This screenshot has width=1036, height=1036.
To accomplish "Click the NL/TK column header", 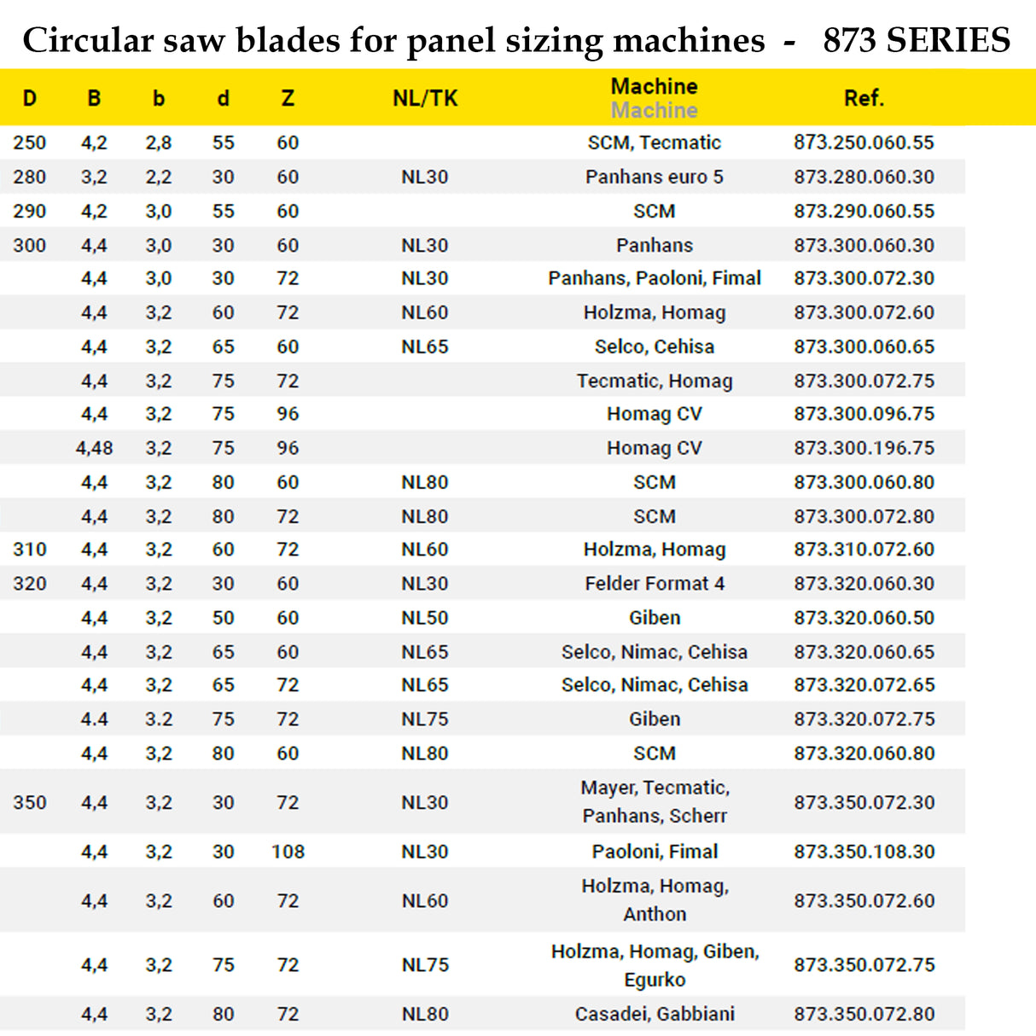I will click(425, 99).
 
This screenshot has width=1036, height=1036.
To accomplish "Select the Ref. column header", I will click(864, 99).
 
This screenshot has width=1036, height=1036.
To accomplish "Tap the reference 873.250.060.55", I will click(864, 143).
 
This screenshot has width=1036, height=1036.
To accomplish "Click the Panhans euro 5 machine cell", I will click(654, 178).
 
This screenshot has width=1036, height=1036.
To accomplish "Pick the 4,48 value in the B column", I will click(94, 448).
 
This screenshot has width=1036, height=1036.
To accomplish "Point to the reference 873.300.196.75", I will click(864, 448).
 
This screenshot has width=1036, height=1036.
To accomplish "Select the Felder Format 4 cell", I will click(654, 584).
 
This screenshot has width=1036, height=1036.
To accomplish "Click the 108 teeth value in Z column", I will click(288, 852).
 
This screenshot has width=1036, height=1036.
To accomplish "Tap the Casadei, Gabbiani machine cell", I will click(654, 1014).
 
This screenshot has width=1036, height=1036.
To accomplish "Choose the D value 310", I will click(30, 550).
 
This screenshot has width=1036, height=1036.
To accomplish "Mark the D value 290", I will click(30, 212).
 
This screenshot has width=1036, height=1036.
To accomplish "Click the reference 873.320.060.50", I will click(864, 618).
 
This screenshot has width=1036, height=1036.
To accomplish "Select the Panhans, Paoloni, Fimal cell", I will click(654, 278).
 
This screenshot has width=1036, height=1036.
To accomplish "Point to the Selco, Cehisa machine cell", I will click(654, 346).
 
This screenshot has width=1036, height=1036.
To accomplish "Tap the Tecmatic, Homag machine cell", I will click(654, 381).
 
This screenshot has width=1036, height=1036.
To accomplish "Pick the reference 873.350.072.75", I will click(864, 965).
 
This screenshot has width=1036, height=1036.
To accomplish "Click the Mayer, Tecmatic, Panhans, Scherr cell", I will click(654, 802).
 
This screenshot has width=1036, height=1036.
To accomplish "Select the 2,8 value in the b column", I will click(159, 143).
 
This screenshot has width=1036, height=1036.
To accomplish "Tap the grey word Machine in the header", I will click(654, 111).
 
